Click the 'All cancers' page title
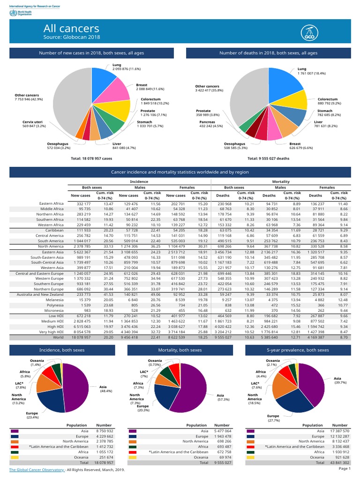tap(71, 29)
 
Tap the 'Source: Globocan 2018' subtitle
tap(71, 37)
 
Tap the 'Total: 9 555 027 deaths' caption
tap(268, 158)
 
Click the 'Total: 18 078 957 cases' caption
tap(91, 158)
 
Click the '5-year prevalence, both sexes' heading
tap(298, 350)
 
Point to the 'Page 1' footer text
tap(344, 468)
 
